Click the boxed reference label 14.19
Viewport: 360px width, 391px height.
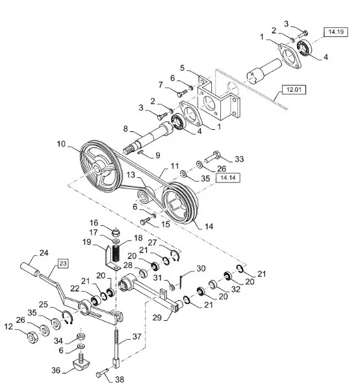(336, 32)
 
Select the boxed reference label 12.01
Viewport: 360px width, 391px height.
(294, 90)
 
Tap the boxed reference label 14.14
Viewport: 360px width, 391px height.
(228, 177)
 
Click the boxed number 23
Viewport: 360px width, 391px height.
(63, 264)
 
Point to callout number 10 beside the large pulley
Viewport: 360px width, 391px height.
(61, 144)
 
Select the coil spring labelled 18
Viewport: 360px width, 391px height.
(116, 253)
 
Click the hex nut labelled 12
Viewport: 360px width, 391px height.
(32, 338)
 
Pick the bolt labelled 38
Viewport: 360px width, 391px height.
(102, 373)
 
